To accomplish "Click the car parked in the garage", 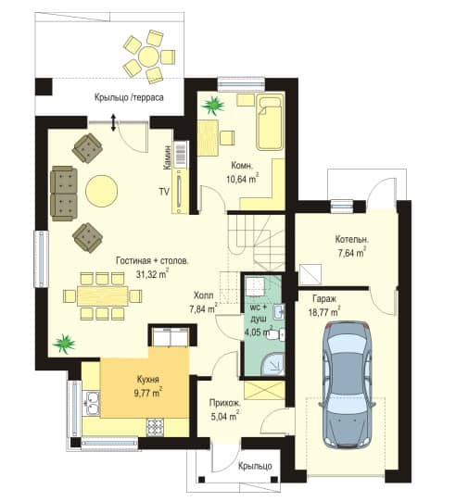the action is tap(348, 385).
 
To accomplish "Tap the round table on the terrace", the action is tap(148, 57).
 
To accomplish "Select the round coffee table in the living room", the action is tap(102, 191).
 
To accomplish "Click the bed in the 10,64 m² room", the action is tap(270, 123).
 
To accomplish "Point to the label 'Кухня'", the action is tap(148, 380).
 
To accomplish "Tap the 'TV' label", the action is tap(164, 192).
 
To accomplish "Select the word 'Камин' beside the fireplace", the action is tap(167, 157).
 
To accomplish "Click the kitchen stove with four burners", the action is tap(156, 427).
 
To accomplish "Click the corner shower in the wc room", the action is tap(272, 364).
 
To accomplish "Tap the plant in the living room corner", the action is tap(64, 344).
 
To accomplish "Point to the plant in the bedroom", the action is tap(212, 105).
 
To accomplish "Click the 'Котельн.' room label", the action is tap(352, 239).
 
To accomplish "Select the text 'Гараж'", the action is tap(324, 299).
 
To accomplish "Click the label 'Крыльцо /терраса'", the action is tap(129, 97).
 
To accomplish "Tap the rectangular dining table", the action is tap(103, 295).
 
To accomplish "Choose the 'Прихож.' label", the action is tap(224, 403).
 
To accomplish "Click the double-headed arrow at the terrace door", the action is tap(113, 122).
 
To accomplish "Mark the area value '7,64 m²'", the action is tap(352, 253).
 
